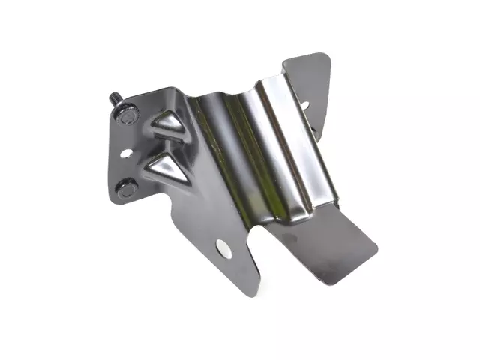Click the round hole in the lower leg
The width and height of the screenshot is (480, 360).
pos(223,247)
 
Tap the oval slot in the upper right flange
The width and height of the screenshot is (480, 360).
pos(303,105)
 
